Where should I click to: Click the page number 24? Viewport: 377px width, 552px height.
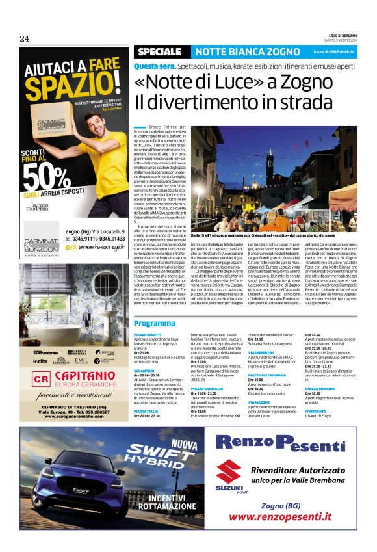pyautogui.click(x=24, y=39)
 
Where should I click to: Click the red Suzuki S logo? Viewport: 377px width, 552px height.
pyautogui.click(x=228, y=473)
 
